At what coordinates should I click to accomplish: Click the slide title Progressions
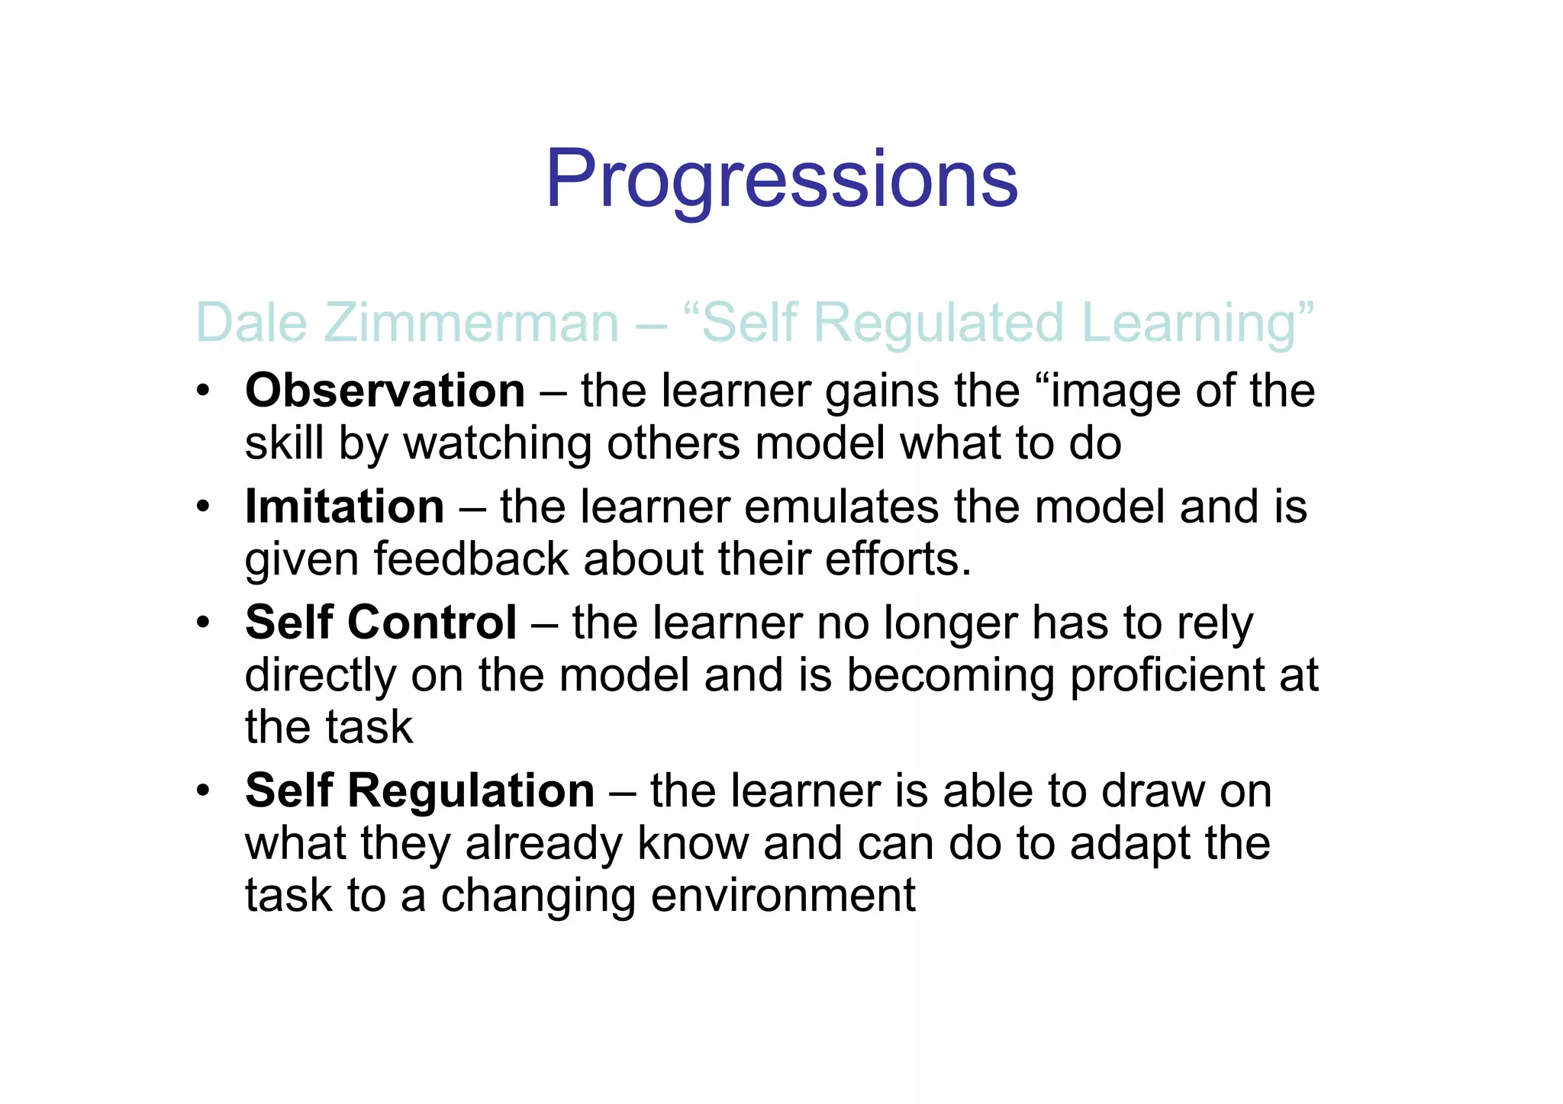781,180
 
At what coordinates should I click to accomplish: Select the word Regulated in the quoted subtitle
942,323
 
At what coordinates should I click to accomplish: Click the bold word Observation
385,391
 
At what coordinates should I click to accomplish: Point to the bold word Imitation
345,507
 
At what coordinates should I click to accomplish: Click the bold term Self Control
381,623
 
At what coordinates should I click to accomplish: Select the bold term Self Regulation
420,790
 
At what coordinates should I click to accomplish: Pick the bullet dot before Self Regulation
202,791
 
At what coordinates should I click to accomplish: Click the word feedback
471,559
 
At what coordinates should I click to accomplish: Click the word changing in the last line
538,896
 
